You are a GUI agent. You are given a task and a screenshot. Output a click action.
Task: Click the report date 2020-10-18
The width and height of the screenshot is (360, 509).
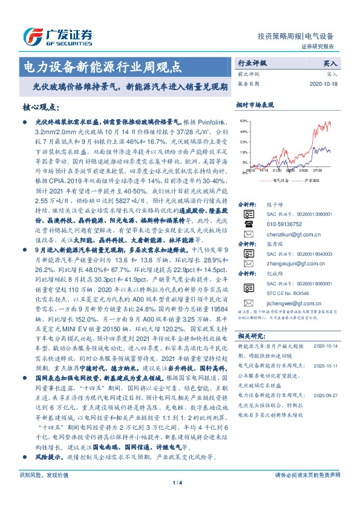click(324, 84)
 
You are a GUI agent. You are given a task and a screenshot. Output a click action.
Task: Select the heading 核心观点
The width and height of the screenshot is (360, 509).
click(41, 108)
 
